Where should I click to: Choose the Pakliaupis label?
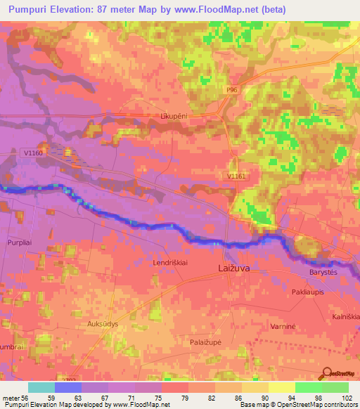309,290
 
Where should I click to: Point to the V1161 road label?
237,176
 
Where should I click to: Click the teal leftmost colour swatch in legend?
41,387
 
